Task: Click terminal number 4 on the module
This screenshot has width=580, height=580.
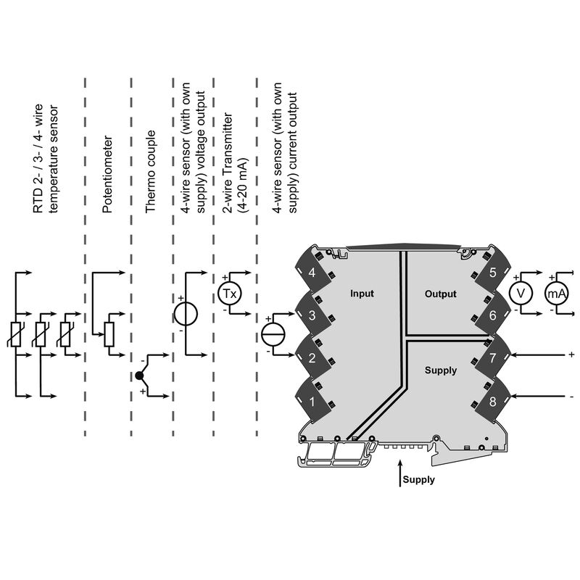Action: (312, 273)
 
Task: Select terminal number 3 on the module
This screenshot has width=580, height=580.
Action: (312, 315)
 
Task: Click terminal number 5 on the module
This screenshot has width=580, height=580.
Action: (492, 273)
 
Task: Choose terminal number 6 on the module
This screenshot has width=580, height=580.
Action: (492, 315)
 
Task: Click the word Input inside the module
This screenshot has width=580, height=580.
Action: (362, 294)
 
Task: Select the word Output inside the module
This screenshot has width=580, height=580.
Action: (441, 294)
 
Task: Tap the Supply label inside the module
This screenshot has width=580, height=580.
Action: (441, 370)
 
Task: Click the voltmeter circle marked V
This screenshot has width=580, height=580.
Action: (519, 293)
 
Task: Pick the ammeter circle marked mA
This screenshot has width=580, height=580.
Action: (557, 293)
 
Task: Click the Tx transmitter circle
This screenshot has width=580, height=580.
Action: (229, 294)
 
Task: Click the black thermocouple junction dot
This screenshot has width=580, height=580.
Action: (138, 376)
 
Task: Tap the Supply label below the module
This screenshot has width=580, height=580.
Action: (418, 479)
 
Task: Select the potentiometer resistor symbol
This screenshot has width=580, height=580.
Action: (109, 333)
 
